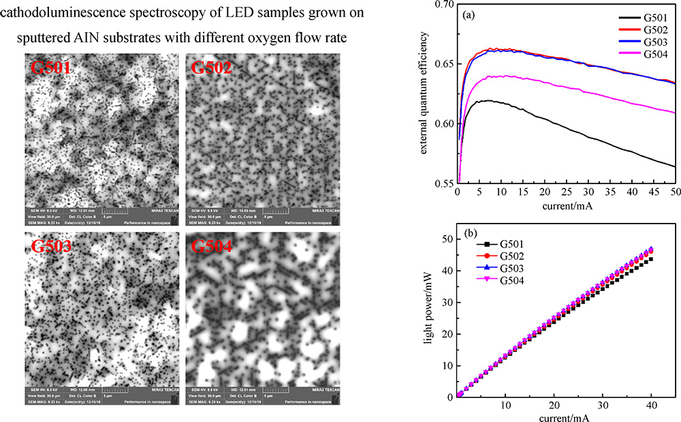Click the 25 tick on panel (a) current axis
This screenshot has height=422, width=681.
[x=567, y=194]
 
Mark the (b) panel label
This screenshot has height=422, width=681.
[x=471, y=232]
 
